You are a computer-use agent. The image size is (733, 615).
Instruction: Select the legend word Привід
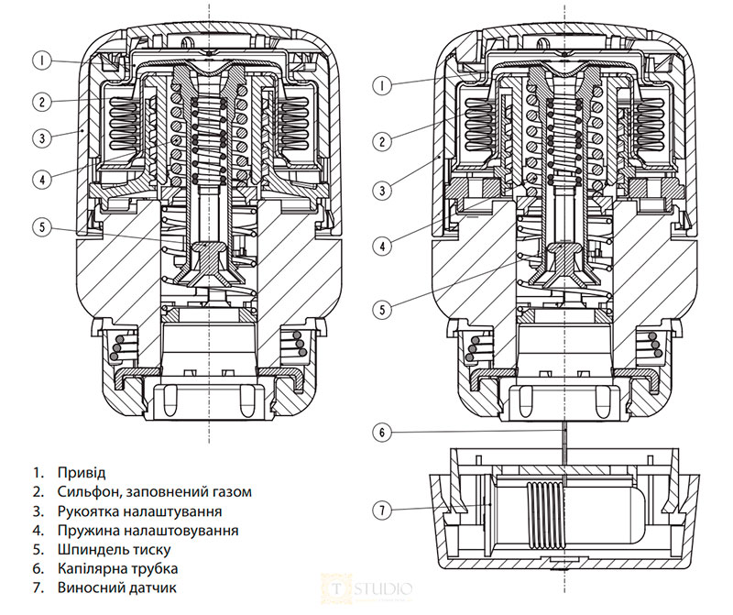[x=81, y=473]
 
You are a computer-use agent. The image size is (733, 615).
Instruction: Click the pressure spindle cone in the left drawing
[x=211, y=262]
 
